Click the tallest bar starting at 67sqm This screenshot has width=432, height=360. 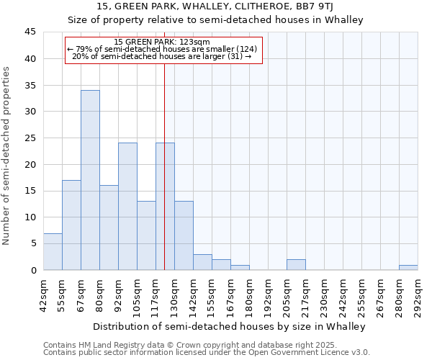[90, 180]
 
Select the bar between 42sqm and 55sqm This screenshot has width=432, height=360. [53, 251]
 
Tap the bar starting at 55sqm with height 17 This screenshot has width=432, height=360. [71, 225]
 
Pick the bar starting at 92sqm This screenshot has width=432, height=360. [127, 207]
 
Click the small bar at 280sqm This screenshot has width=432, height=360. [408, 267]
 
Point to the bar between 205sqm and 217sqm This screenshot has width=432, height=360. [296, 265]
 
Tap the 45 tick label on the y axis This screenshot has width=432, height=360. [30, 32]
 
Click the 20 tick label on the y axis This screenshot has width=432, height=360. [30, 164]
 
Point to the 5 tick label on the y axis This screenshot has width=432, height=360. [32, 243]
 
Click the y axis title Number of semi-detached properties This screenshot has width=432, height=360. [7, 156]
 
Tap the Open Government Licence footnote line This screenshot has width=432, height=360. [206, 353]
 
